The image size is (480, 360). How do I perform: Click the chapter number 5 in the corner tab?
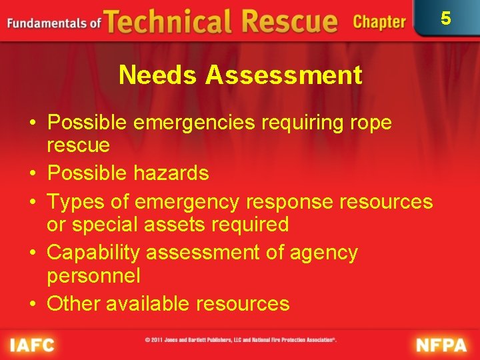pyautogui.click(x=446, y=18)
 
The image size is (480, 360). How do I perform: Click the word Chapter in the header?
pyautogui.click(x=379, y=22)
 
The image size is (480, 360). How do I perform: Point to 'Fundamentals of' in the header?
pyautogui.click(x=53, y=23)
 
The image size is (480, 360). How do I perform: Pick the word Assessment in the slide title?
pyautogui.click(x=283, y=75)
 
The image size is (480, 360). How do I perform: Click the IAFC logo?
pyautogui.click(x=31, y=345)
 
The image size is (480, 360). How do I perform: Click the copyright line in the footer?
pyautogui.click(x=241, y=341)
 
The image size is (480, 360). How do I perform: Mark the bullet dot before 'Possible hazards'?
pyautogui.click(x=32, y=174)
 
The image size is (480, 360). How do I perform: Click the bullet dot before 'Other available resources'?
pyautogui.click(x=32, y=305)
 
